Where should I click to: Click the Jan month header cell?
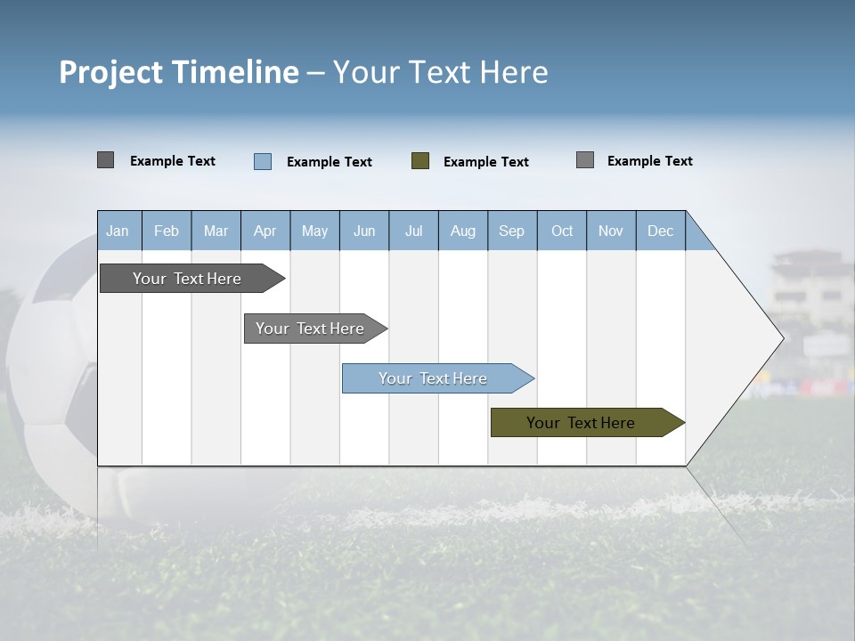(118, 231)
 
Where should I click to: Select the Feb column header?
(167, 231)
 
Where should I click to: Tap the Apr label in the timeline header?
(265, 231)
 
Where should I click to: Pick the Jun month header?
(364, 231)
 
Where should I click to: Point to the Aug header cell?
(463, 231)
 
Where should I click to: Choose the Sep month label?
(512, 231)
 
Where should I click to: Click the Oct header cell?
(562, 231)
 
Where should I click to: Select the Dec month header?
(661, 231)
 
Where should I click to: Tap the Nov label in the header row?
(611, 231)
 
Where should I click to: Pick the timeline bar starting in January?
(190, 279)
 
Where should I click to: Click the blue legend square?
(263, 161)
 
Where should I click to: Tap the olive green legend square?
(420, 161)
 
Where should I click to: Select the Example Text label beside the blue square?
(330, 162)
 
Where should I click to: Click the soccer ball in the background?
(53, 374)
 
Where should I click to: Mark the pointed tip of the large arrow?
(782, 338)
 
